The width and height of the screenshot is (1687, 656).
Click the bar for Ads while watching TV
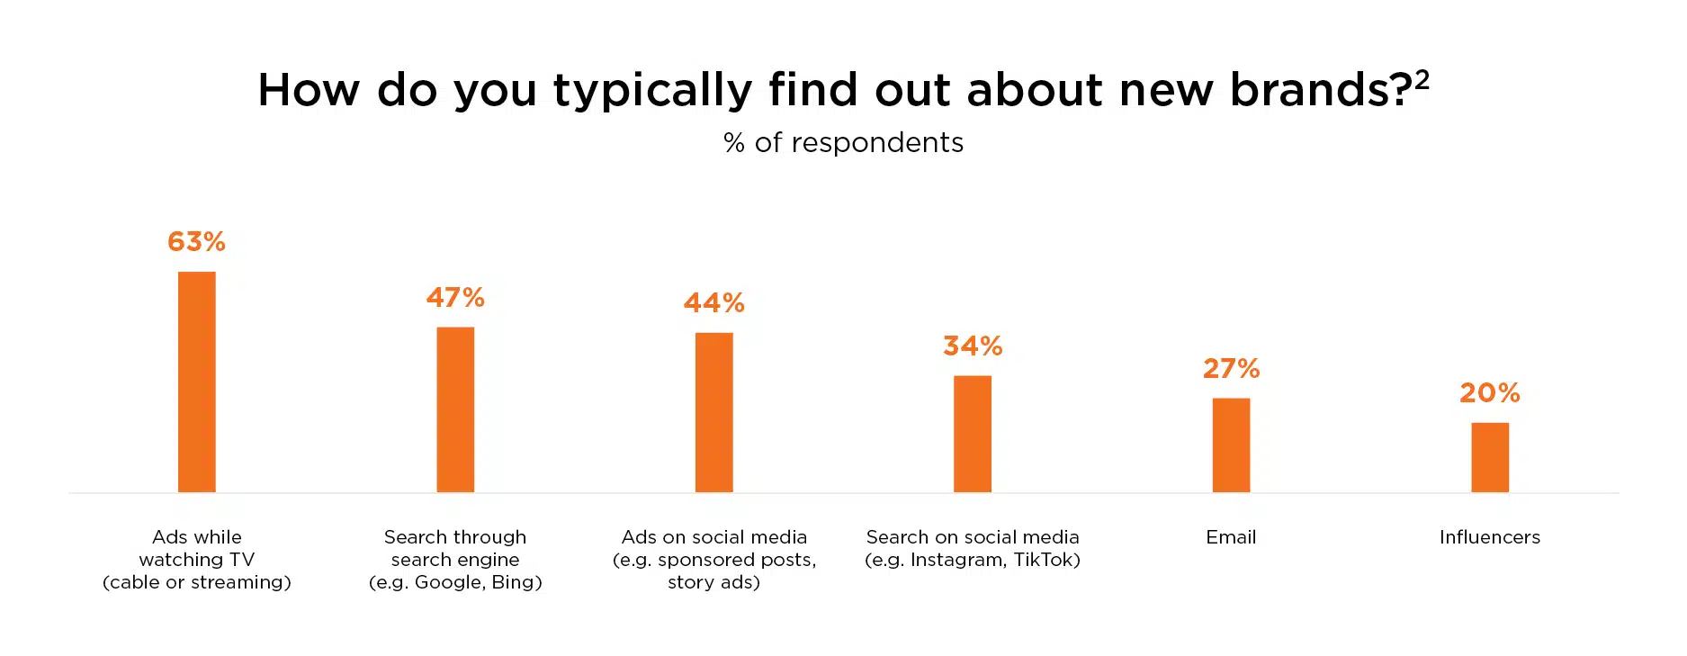[196, 382]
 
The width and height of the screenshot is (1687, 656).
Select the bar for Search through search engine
[455, 409]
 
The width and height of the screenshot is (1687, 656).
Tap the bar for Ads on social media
[713, 412]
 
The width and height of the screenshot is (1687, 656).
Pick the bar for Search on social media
[972, 434]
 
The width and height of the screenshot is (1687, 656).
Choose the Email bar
[1231, 445]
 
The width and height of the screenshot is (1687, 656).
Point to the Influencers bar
[1490, 457]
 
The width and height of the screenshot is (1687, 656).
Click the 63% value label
[196, 242]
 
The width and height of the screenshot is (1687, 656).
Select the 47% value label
[455, 298]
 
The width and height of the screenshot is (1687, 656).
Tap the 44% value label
[713, 303]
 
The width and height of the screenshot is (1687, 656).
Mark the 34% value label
[973, 346]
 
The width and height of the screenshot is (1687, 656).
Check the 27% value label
[1231, 369]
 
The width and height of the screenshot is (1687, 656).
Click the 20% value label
[1490, 393]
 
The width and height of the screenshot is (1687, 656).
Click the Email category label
[1231, 537]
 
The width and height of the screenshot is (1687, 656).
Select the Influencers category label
[1490, 537]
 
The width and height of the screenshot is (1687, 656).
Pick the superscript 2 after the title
[1422, 81]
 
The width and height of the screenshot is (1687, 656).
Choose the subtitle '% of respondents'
[843, 143]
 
